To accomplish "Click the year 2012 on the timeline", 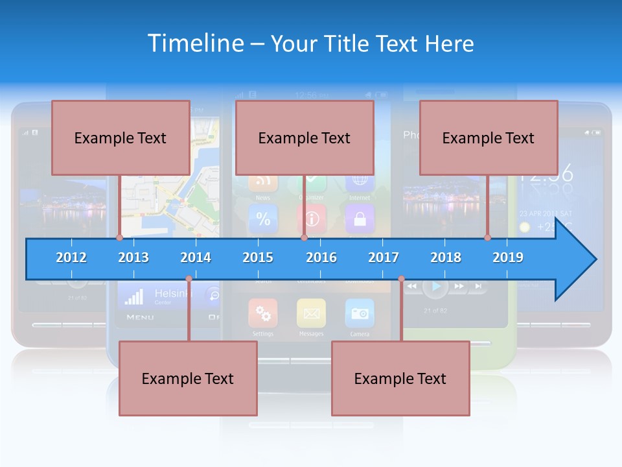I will click(x=71, y=257).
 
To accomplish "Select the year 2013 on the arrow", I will click(x=133, y=257).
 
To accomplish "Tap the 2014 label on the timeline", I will click(x=196, y=257).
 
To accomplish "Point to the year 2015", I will click(x=258, y=257).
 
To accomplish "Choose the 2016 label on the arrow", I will click(x=321, y=257).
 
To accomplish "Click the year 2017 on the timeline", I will click(x=384, y=257).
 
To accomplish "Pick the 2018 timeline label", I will click(x=446, y=257).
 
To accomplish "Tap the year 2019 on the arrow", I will click(x=508, y=257).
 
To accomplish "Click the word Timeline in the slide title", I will click(x=195, y=43).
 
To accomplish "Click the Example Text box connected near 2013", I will click(x=121, y=138).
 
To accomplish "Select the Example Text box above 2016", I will click(x=305, y=138).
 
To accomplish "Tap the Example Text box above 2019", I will click(x=489, y=138).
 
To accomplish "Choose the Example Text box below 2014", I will click(x=188, y=379).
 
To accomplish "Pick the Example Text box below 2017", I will click(x=400, y=379).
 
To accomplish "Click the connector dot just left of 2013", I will click(x=119, y=237).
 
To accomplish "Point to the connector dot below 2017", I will click(x=401, y=279).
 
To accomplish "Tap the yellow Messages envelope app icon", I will click(x=311, y=313).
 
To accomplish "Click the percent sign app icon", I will click(x=263, y=219).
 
